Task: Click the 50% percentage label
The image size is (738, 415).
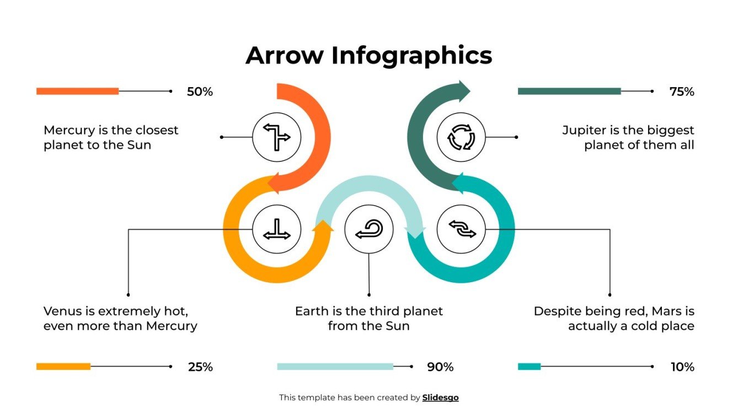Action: [x=200, y=92]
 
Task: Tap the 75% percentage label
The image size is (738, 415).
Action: [x=682, y=92]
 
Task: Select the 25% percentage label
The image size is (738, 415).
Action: [x=200, y=367]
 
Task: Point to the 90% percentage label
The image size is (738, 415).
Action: [x=440, y=367]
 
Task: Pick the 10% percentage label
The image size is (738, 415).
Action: [x=682, y=367]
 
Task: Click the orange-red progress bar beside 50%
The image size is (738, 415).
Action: [x=77, y=91]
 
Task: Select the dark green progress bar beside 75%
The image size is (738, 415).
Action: [x=569, y=91]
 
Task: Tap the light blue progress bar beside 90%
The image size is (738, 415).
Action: [x=335, y=367]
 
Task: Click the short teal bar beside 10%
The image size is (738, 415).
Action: [x=529, y=367]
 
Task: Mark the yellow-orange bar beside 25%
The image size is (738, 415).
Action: [x=63, y=367]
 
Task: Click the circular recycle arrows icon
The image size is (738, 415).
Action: [x=461, y=137]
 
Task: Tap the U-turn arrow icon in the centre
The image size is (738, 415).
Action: [x=368, y=229]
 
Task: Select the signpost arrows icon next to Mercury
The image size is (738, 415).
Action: [x=276, y=137]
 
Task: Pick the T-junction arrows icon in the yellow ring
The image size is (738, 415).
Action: [x=276, y=229]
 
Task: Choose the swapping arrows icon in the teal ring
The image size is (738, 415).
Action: [x=461, y=229]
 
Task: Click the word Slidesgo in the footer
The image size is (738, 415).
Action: [x=440, y=397]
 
